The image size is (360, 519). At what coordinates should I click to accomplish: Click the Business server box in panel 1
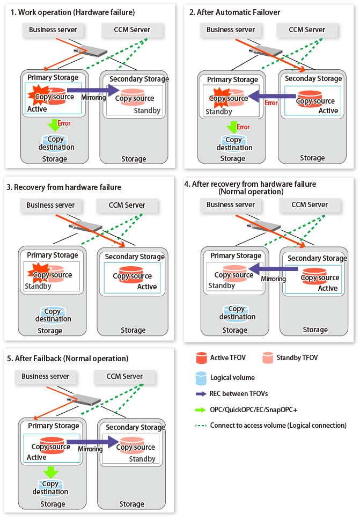[53, 30]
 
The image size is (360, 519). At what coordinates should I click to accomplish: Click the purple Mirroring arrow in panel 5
[91, 442]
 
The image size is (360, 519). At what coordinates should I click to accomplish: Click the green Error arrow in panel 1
[53, 125]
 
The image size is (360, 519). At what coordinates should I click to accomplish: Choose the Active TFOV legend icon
[202, 357]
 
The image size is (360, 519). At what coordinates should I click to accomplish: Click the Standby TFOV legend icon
[268, 357]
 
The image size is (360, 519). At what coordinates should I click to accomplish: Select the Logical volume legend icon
[202, 378]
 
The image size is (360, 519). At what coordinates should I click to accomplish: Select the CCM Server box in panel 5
[124, 377]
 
